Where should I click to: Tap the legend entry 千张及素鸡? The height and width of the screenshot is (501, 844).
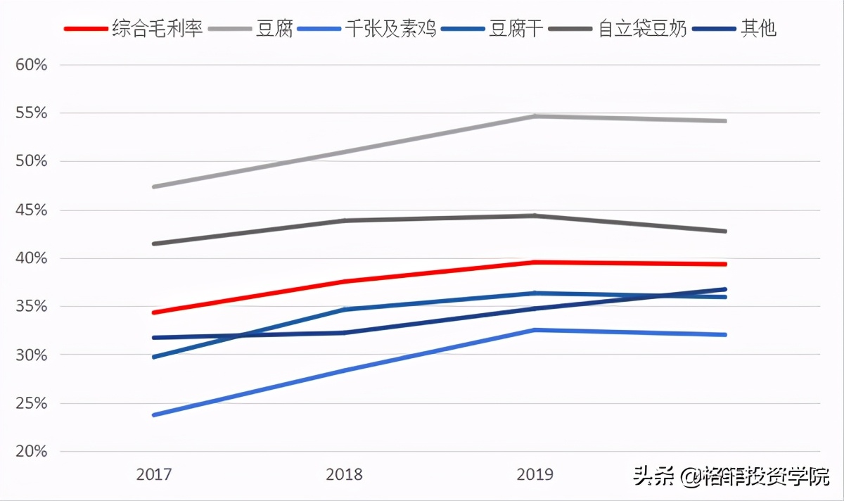click(x=390, y=29)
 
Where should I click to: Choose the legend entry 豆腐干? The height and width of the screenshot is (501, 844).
click(x=516, y=29)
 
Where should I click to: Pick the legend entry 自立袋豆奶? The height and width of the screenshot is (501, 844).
click(x=642, y=29)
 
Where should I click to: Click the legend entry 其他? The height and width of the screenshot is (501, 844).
click(x=758, y=29)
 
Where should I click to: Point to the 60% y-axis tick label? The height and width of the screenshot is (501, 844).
click(x=31, y=65)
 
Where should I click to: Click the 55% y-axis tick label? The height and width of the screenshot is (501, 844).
click(x=31, y=113)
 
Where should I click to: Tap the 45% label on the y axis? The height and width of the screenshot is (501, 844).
click(x=31, y=210)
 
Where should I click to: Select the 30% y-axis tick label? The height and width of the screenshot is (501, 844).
click(x=31, y=355)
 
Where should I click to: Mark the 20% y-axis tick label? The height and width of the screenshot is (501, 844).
click(x=31, y=452)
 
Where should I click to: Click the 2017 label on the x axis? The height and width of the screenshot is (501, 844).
click(x=154, y=474)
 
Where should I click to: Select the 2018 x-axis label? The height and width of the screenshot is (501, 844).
click(x=345, y=474)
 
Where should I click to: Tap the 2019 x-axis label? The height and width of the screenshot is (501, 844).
click(x=535, y=474)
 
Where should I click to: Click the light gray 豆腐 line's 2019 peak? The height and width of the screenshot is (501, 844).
click(x=535, y=116)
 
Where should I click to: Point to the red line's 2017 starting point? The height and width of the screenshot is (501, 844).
click(x=154, y=312)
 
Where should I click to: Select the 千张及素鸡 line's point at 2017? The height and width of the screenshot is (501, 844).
click(x=154, y=415)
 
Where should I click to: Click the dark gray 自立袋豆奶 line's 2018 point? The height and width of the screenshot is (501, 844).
click(x=345, y=221)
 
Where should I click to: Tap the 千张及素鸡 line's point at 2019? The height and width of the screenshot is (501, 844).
click(x=535, y=330)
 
